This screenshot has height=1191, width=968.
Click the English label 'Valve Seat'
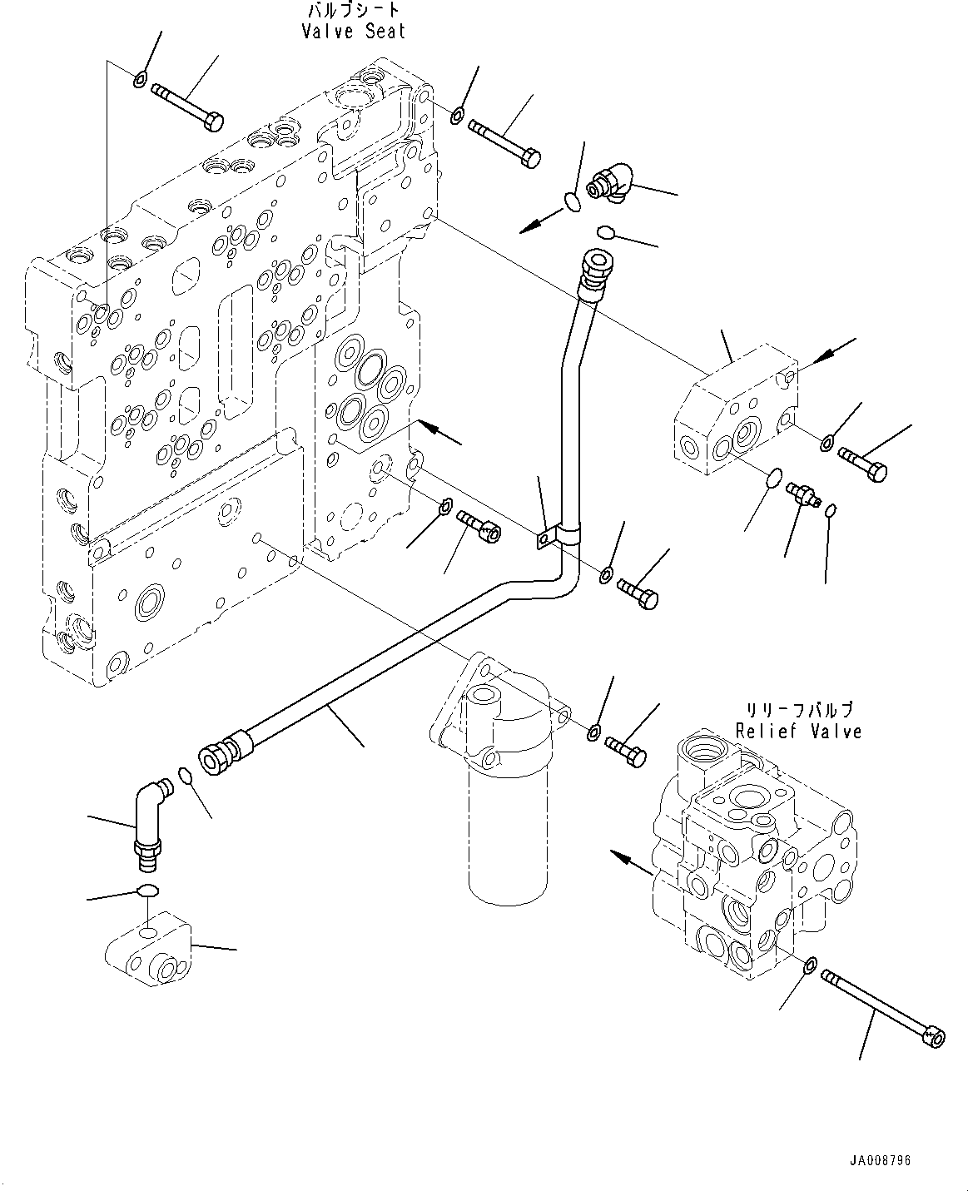[353, 32]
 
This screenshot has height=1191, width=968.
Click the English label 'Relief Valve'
[798, 731]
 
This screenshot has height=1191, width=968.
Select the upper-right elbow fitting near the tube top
[611, 181]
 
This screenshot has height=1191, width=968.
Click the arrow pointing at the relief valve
[631, 863]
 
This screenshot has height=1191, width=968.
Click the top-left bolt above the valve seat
[187, 106]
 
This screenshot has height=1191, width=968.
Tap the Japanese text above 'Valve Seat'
[353, 11]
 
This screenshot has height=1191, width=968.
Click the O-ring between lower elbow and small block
[146, 891]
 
